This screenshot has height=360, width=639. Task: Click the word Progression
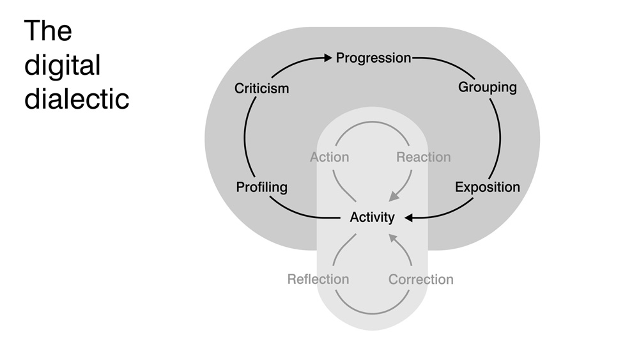pyautogui.click(x=374, y=58)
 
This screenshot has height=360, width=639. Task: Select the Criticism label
pyautogui.click(x=261, y=88)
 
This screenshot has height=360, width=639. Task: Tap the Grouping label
pyautogui.click(x=488, y=87)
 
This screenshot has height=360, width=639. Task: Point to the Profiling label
pyautogui.click(x=261, y=187)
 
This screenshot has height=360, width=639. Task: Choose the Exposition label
pyautogui.click(x=488, y=187)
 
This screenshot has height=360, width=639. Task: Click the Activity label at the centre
pyautogui.click(x=373, y=217)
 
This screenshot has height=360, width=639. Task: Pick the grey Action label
pyautogui.click(x=330, y=157)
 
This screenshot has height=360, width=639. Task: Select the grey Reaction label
pyautogui.click(x=423, y=157)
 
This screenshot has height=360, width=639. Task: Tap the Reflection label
pyautogui.click(x=318, y=279)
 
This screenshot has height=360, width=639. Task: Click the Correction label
pyautogui.click(x=421, y=279)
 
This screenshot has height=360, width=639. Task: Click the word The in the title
pyautogui.click(x=48, y=31)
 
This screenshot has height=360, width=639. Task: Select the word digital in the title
pyautogui.click(x=63, y=65)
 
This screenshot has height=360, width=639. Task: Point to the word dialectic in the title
pyautogui.click(x=77, y=99)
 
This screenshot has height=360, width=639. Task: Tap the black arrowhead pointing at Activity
pyautogui.click(x=410, y=217)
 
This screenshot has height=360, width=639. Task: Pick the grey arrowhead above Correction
pyautogui.click(x=394, y=239)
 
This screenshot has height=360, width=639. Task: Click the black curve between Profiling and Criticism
pyautogui.click(x=245, y=137)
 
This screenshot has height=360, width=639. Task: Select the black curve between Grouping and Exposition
pyautogui.click(x=500, y=137)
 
